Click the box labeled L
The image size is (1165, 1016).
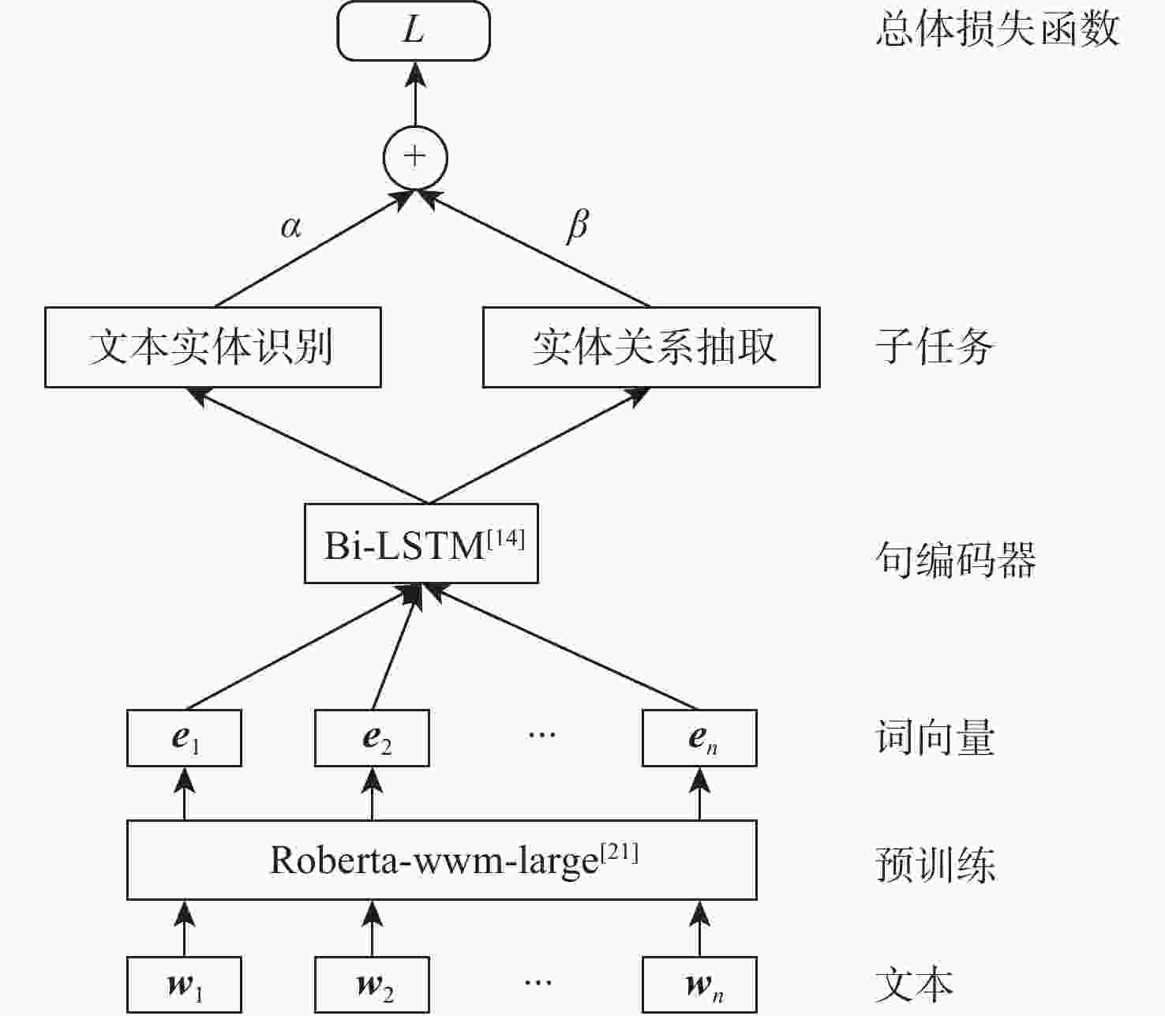click(414, 32)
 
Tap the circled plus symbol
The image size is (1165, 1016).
click(414, 157)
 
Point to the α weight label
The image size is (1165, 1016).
click(290, 227)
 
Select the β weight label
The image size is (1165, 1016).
click(578, 226)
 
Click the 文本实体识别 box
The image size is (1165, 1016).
click(212, 347)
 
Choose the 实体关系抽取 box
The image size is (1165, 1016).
click(651, 347)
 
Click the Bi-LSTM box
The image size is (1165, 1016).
click(421, 544)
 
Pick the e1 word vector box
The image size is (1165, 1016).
click(184, 738)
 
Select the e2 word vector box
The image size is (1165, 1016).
click(372, 738)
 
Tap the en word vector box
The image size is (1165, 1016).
click(699, 738)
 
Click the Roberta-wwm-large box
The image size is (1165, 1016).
click(442, 860)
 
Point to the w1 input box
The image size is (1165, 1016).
click(184, 984)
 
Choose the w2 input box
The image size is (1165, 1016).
click(372, 984)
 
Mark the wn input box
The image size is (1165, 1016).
click(699, 984)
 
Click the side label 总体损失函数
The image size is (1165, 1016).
click(998, 30)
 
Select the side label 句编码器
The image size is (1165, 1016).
click(955, 560)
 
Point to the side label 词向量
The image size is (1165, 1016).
click(935, 738)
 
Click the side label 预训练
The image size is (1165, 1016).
click(935, 864)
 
